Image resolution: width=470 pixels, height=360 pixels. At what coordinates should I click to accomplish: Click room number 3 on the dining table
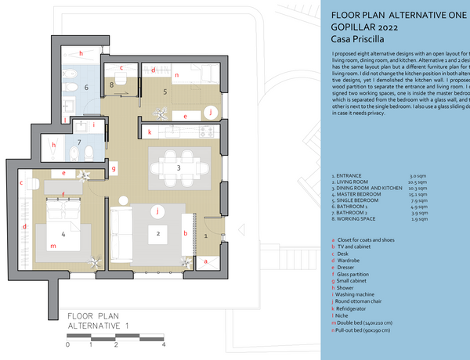point(179,167)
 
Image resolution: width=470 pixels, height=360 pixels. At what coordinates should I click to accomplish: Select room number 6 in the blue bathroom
point(87,88)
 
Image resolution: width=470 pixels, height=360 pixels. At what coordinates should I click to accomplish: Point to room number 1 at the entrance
point(205,234)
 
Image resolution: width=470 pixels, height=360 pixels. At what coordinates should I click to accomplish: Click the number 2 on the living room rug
point(158,233)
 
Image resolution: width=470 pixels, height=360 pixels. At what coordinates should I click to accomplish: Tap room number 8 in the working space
point(112,84)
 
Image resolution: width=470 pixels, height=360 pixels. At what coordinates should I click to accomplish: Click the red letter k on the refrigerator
point(149,133)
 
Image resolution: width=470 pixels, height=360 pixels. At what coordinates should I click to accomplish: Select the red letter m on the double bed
point(52,247)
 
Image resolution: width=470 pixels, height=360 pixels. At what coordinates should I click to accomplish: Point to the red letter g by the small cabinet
point(114,167)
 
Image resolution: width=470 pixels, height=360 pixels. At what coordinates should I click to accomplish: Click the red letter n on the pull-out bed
point(177,75)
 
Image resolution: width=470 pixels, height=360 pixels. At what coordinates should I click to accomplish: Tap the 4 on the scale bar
point(164,344)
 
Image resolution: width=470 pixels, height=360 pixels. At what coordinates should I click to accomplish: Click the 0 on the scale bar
point(68,344)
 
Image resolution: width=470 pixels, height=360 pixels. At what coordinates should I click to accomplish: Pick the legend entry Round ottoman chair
point(367,294)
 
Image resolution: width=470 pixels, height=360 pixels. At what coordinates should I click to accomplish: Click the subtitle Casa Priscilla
point(357,38)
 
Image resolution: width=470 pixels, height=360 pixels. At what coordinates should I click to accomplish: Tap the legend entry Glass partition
point(361,266)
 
